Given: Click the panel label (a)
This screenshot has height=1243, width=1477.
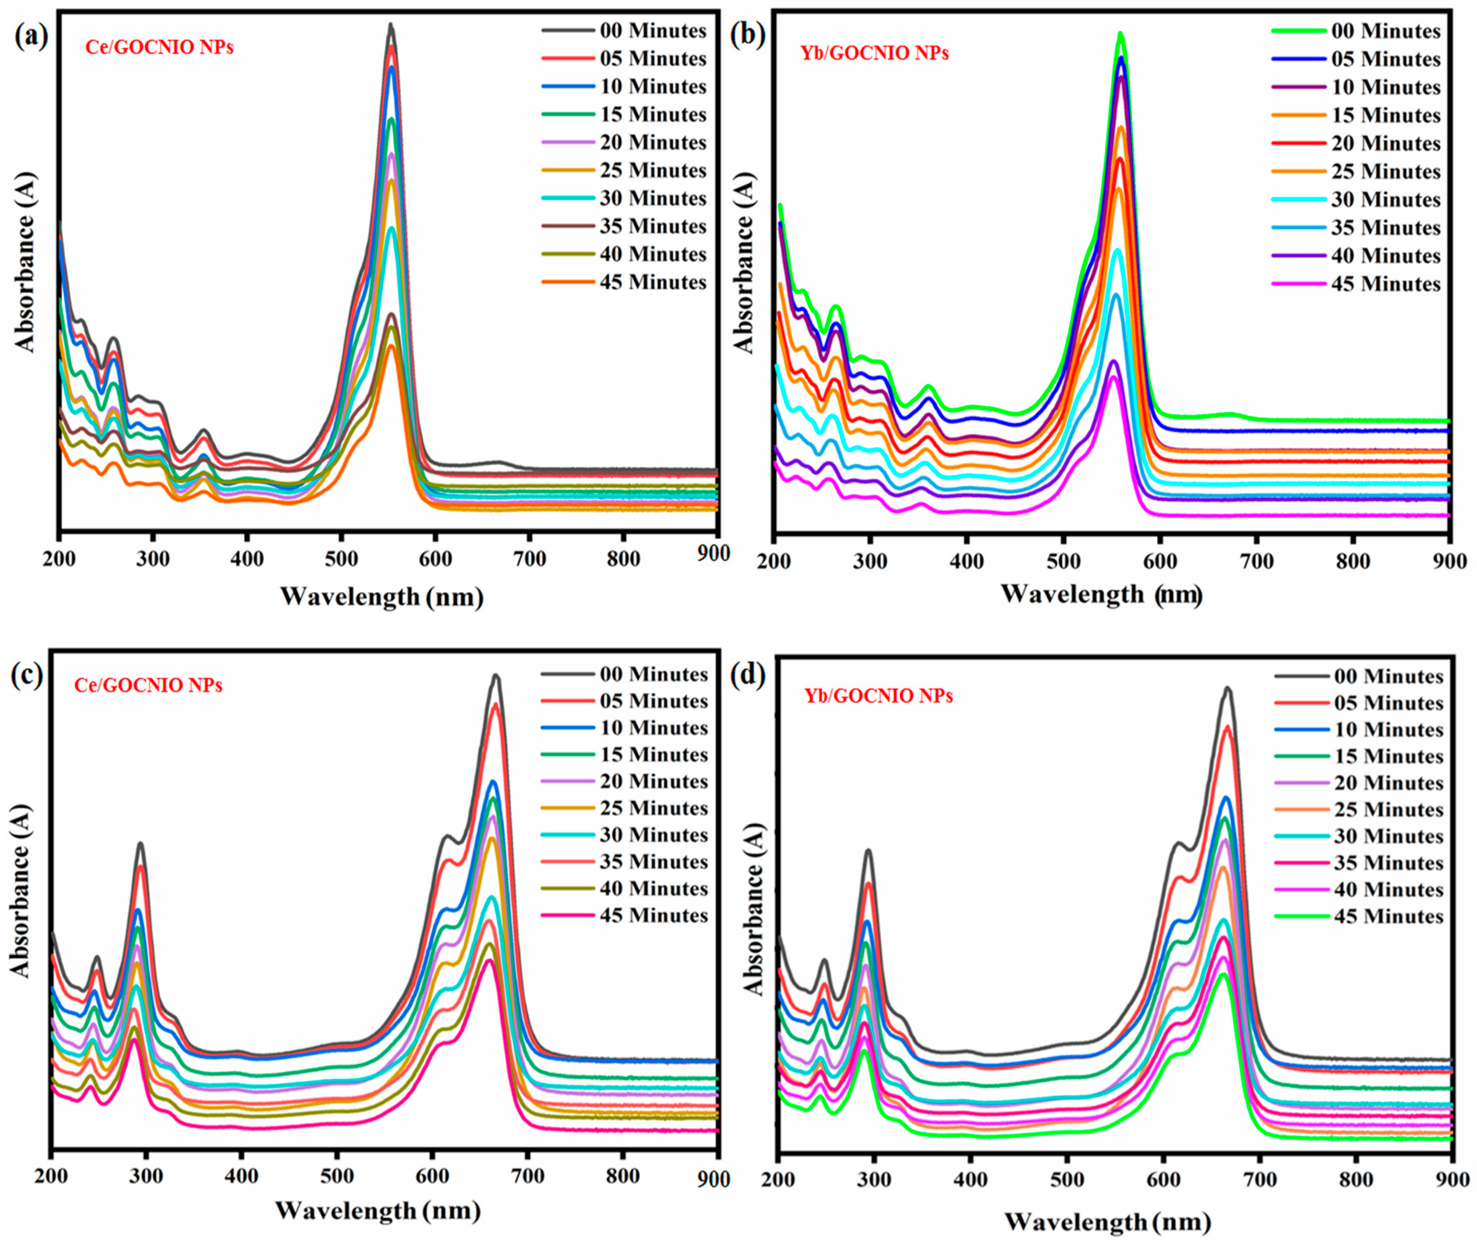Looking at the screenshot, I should point(31,36).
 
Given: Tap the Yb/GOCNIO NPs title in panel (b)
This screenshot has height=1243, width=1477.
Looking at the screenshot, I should point(875,53).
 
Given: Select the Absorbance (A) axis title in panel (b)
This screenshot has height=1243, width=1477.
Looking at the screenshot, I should point(744,262).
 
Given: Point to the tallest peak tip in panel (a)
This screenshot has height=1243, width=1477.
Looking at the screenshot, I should point(391,25).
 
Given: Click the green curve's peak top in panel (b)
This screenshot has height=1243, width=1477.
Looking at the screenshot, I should point(1120,33).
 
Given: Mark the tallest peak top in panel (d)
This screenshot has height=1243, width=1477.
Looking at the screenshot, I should point(1227,689).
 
